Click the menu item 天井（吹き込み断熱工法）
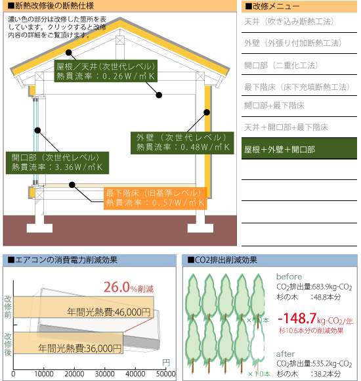(x=289, y=22)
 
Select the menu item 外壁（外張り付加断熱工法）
(x=293, y=43)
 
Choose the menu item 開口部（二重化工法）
(x=281, y=66)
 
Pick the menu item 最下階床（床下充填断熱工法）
(x=297, y=87)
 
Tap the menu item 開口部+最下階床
(x=274, y=106)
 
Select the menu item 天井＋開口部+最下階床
(x=286, y=127)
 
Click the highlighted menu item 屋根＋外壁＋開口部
(x=299, y=148)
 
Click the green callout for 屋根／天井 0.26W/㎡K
(x=106, y=71)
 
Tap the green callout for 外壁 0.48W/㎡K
(x=182, y=143)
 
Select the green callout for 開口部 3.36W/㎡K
(x=57, y=163)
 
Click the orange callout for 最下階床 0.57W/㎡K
(x=156, y=198)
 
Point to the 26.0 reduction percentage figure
(x=117, y=287)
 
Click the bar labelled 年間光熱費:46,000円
(x=83, y=307)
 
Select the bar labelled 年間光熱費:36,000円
(x=68, y=343)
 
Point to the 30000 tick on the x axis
(x=104, y=374)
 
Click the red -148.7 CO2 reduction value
(x=297, y=319)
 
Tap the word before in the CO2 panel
(x=289, y=277)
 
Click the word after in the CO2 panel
(x=286, y=354)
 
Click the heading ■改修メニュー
(x=272, y=7)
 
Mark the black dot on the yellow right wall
(x=207, y=112)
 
